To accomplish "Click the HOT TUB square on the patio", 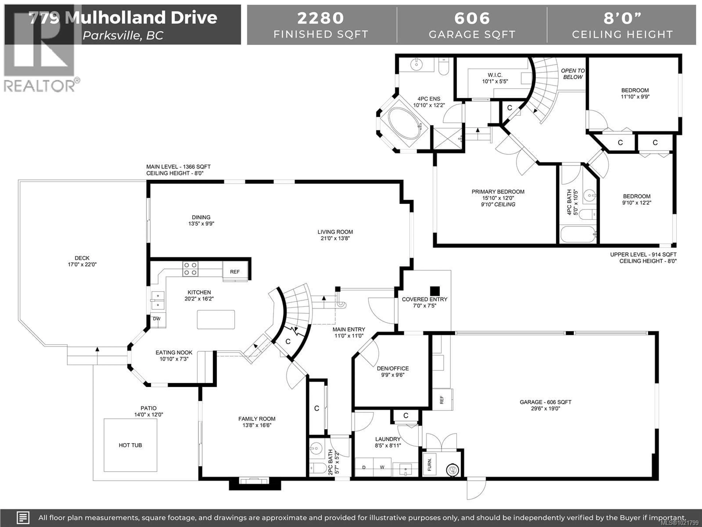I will point(130,445).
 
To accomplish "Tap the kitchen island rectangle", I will point(216,319).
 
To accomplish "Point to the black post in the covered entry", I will point(435,291).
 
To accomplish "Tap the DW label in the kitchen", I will point(157,319).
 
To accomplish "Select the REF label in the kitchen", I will point(235,272).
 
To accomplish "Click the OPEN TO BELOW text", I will point(573,74).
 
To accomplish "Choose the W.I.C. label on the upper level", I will point(495,75).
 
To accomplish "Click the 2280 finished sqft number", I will point(320,18).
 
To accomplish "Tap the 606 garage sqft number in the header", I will point(472,18).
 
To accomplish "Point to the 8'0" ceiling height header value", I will point(622,18).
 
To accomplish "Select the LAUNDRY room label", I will point(388,439).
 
